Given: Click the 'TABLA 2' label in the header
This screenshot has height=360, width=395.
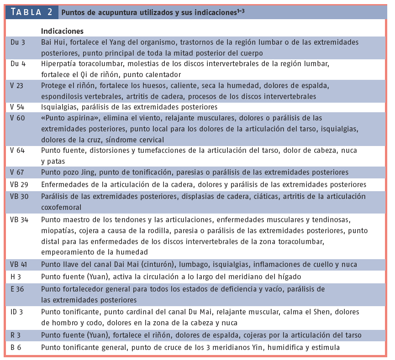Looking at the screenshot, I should click(32, 12).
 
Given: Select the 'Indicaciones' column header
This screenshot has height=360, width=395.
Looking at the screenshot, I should click(62, 31).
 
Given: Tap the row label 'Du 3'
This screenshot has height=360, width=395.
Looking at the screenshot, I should click(17, 42).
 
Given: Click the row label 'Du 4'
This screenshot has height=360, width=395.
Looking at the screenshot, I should click(17, 63).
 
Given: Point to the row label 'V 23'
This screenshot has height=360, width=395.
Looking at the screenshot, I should click(18, 85).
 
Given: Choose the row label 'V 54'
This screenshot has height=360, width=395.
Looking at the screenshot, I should click(18, 107).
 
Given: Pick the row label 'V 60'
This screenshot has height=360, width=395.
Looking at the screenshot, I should click(18, 118).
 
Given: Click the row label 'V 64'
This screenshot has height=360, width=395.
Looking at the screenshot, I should click(18, 150).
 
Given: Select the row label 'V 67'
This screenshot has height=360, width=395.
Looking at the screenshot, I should click(18, 172).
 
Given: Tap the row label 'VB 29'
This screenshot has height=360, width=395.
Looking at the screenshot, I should click(19, 185).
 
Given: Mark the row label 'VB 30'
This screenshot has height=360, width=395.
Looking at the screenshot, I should click(19, 196).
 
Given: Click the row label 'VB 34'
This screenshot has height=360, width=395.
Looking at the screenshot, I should click(19, 219).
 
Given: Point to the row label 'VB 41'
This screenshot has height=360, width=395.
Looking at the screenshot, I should click(19, 264).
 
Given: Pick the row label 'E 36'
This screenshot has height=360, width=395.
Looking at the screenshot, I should click(17, 289).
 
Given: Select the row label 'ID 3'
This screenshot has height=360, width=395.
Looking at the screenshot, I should click(17, 312).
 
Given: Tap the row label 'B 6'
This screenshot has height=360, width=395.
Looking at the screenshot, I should click(16, 347).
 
